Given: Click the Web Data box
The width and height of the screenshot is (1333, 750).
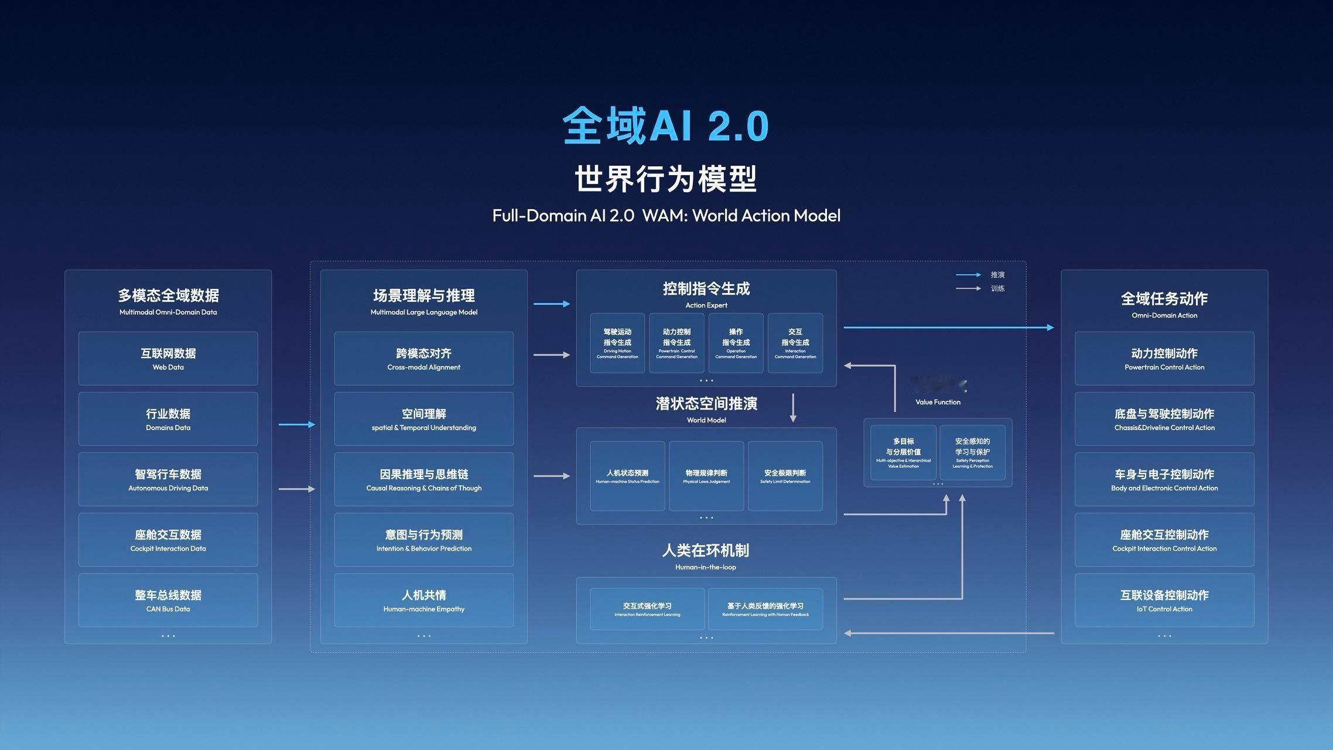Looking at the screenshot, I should click(168, 359).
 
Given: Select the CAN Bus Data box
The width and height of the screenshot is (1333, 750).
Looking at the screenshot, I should click(168, 600).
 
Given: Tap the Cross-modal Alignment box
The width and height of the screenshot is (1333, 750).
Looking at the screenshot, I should click(423, 359).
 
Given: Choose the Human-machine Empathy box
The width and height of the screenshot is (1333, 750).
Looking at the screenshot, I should click(423, 600).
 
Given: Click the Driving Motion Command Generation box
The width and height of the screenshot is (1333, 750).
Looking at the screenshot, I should click(617, 343).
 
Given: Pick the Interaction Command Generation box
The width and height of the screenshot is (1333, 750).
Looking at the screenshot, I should click(795, 343).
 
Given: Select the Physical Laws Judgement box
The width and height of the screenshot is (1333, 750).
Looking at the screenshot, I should click(706, 476).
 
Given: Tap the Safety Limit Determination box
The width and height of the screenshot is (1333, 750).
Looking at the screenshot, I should click(785, 476).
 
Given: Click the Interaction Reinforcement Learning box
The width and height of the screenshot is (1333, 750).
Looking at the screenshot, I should click(647, 609).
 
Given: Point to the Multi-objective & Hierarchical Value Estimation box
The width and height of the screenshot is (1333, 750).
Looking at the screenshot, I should click(903, 452).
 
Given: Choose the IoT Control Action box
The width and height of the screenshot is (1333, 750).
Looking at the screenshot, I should click(1164, 600).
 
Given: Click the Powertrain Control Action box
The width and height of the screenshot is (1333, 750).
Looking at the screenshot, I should click(1164, 359).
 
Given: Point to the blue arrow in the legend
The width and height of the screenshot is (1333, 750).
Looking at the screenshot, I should click(968, 275).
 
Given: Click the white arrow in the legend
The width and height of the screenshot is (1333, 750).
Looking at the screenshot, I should click(968, 288).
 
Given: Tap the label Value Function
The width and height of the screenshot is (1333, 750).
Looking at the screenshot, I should click(938, 402).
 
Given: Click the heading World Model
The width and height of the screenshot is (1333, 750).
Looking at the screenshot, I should click(706, 420).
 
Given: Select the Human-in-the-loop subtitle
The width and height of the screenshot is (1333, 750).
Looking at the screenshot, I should click(706, 567).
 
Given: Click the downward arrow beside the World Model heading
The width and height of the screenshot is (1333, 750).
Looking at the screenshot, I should click(793, 408).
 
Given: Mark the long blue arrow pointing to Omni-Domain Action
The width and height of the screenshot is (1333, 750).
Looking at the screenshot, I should click(948, 328).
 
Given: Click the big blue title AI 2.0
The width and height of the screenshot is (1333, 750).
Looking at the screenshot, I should click(665, 126).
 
